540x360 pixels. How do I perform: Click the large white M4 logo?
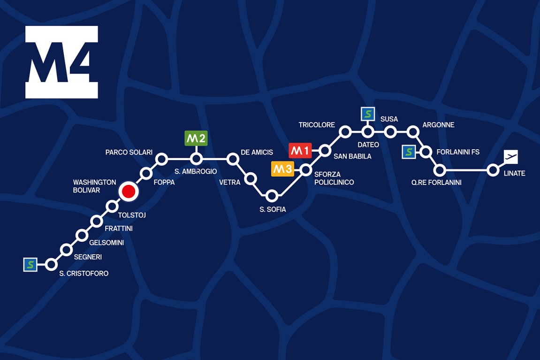coord(61,62)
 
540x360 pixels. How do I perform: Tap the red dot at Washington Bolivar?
coord(129,191)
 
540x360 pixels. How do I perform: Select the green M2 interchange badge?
coord(196,138)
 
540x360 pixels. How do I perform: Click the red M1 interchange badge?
coord(300,151)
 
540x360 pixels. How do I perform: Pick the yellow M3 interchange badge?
coord(282,169)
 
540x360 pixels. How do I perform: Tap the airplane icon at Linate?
coord(510,157)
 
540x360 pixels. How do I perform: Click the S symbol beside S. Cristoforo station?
coord(30,265)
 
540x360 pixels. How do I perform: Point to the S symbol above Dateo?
coord(368,114)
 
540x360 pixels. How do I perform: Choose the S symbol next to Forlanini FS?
coord(409,152)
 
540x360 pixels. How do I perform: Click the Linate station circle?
coord(493,170)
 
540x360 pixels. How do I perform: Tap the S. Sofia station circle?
coord(272,196)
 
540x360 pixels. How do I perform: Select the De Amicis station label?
coord(257,153)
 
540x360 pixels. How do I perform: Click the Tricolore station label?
coord(317,125)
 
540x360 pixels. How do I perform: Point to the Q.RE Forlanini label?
coord(436,183)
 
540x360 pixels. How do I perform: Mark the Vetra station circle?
coord(251,178)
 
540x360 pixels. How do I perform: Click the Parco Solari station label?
coord(129,153)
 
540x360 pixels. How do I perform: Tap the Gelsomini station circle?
coord(82,235)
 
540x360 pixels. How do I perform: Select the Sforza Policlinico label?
coord(334,178)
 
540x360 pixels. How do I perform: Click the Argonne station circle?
coord(413,131)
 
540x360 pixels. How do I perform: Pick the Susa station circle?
coord(390,132)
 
